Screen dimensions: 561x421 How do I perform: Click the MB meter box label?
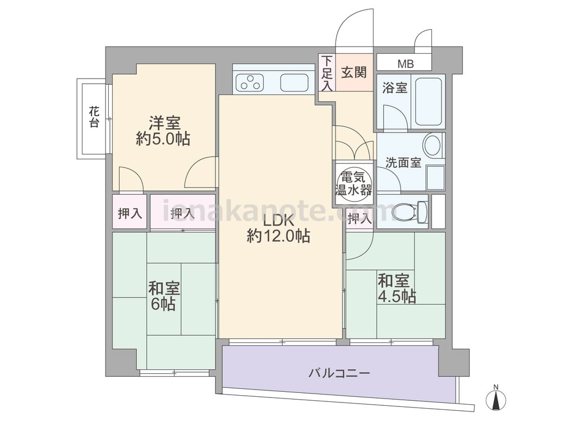pos(406,65)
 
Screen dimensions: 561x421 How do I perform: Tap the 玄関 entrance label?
pos(353,72)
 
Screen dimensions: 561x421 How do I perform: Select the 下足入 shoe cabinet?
pos(327,72)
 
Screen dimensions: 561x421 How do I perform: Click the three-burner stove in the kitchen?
pos(250,81)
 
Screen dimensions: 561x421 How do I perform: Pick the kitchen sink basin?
pos(294,83)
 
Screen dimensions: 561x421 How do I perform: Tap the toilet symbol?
pos(410,211)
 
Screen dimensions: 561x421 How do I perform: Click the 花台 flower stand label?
pos(94,117)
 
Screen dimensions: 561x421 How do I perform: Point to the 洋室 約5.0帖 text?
pos(163,131)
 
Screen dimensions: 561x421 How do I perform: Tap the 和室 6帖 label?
pos(163,296)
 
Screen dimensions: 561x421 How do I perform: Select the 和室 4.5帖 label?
pos(397,288)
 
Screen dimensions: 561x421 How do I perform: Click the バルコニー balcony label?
pos(339,373)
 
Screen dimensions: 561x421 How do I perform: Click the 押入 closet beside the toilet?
pos(359,218)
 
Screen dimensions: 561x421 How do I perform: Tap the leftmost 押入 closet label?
pos(130,214)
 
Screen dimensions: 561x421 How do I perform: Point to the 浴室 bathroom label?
pos(394,88)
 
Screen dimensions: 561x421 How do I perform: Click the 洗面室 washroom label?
pos(403,163)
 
